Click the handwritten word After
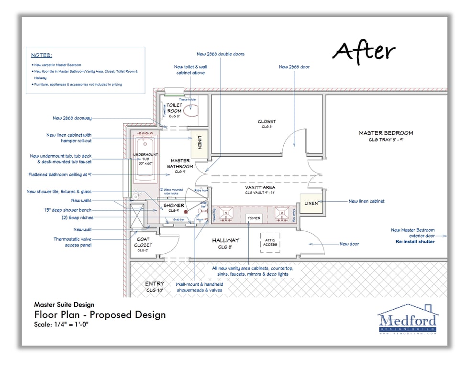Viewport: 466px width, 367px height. point(364,51)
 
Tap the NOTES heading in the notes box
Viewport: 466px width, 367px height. point(42,55)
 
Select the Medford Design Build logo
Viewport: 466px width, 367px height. point(407,320)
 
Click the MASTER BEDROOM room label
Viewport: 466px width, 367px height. point(386,133)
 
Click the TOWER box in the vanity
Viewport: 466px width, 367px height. point(254,218)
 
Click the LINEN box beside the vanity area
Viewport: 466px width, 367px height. point(311,203)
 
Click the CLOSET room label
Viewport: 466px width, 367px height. point(266,122)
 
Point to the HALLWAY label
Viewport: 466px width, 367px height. point(225,240)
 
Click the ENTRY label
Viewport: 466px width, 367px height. point(155,284)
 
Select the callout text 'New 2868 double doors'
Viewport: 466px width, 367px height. point(220,54)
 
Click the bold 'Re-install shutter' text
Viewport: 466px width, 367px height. point(415,242)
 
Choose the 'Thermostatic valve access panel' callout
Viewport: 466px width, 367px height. point(72,242)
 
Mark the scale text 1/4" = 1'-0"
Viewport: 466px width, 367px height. point(62,325)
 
